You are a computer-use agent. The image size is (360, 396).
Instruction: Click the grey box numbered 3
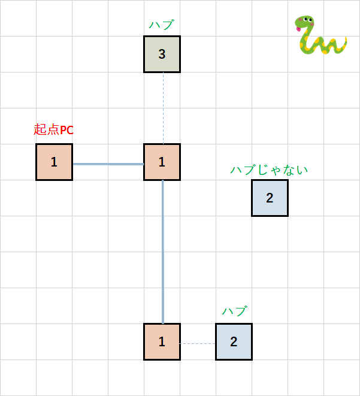coord(162,54)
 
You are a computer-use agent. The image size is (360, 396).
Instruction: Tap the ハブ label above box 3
coord(161,25)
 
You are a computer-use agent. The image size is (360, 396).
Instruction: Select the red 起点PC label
coord(54,129)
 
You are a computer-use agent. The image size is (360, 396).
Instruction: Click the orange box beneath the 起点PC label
coord(54,162)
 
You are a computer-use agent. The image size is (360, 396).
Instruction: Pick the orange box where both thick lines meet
coord(162,162)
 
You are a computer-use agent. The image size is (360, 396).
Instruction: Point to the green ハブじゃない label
coord(270,170)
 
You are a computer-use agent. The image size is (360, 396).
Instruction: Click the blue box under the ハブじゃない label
coord(270,198)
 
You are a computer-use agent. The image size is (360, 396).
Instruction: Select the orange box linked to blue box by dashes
coord(162,342)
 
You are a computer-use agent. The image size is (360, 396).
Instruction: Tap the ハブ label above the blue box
coord(234,312)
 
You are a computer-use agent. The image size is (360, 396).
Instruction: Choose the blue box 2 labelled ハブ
coord(234,342)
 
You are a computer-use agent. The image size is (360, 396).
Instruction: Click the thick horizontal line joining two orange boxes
coord(108,164)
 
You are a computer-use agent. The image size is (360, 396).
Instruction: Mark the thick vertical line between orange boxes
coord(162,252)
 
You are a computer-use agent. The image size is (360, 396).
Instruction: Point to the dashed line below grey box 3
coord(163,108)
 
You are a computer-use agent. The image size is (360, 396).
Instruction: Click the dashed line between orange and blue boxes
coord(198,343)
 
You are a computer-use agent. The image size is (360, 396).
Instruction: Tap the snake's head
coord(306,23)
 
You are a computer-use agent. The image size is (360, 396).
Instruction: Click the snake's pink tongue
coord(297,28)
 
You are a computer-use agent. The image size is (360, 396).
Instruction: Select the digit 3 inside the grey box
coord(162,54)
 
